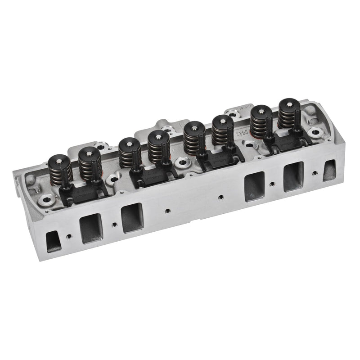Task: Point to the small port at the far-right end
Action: (329, 171)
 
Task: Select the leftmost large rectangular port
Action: (90, 228)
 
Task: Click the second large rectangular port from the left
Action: (132, 218)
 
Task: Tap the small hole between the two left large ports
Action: (113, 224)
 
